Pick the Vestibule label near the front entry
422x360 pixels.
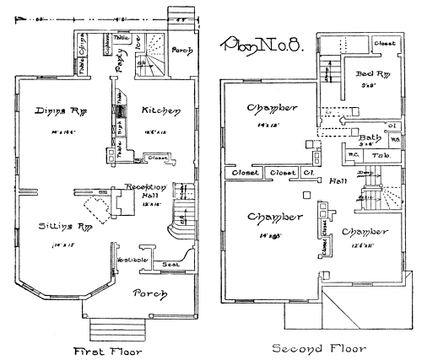tap(133, 260)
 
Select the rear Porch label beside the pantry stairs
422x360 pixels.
tap(181, 50)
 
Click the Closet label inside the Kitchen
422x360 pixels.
tap(158, 157)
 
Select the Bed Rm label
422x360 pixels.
tap(370, 74)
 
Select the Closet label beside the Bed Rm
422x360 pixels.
tap(384, 42)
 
